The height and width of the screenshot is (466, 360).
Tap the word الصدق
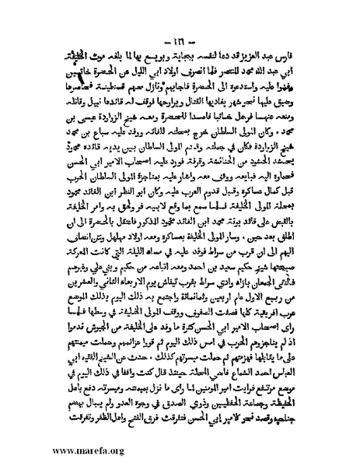point(187,412)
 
